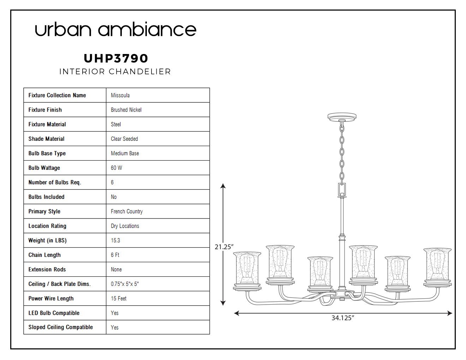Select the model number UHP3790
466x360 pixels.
click(x=116, y=59)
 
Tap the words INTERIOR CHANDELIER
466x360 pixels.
click(x=115, y=72)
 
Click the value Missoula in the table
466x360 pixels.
click(x=120, y=95)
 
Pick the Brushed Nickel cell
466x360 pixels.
click(x=126, y=110)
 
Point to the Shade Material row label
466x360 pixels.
click(x=46, y=139)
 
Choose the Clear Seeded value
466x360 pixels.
click(x=124, y=139)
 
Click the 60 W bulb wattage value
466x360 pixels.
click(x=116, y=168)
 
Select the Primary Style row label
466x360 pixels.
click(x=44, y=211)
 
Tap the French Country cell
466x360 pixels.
click(x=127, y=211)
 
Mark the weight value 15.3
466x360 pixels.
click(x=115, y=240)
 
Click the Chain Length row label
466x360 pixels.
click(x=44, y=255)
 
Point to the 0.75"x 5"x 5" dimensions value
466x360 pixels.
click(x=125, y=284)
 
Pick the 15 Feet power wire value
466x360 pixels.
click(x=119, y=299)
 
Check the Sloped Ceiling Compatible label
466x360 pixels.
click(x=61, y=327)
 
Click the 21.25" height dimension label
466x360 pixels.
click(x=224, y=247)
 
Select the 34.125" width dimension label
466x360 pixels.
click(x=343, y=318)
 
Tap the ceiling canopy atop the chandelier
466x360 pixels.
click(x=342, y=117)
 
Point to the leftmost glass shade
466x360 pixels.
click(x=247, y=269)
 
